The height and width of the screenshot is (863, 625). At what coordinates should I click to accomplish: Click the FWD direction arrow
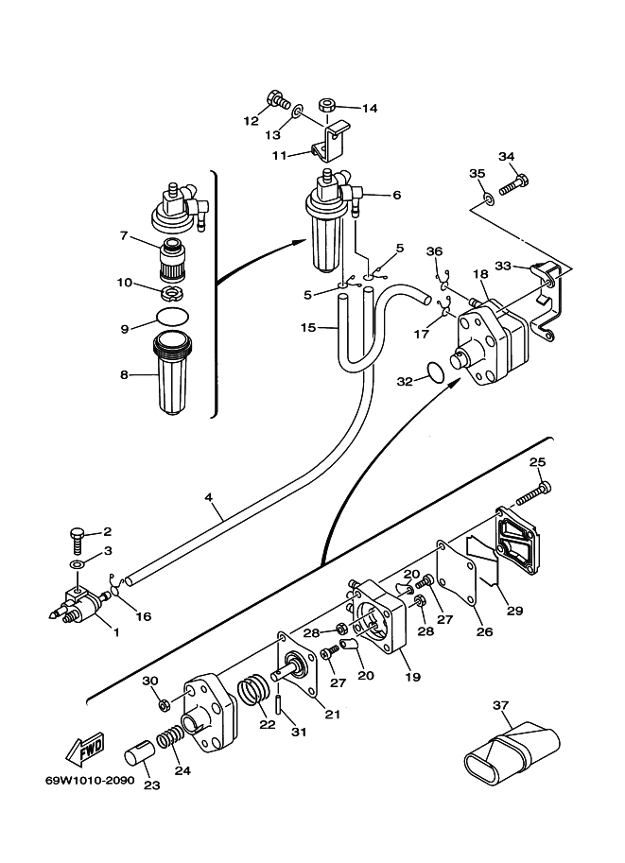(x=84, y=749)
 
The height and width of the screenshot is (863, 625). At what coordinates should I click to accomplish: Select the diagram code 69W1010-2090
(x=90, y=781)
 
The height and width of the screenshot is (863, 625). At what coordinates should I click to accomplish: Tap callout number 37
(x=500, y=705)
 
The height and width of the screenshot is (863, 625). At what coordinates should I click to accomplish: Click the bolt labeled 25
(x=533, y=493)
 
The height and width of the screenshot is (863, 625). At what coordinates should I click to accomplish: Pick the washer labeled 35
(x=489, y=198)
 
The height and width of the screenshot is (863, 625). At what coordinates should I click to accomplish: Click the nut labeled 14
(x=328, y=104)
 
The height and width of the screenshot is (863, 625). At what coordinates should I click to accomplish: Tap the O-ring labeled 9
(x=172, y=317)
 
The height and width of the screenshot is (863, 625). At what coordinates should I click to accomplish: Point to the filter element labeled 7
(x=173, y=258)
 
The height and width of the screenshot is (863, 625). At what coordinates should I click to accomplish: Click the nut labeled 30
(x=163, y=704)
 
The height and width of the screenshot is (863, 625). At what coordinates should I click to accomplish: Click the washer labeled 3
(x=78, y=564)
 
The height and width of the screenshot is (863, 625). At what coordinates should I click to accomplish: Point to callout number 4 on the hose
(x=208, y=497)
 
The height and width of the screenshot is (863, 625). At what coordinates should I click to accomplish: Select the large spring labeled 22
(x=253, y=690)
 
